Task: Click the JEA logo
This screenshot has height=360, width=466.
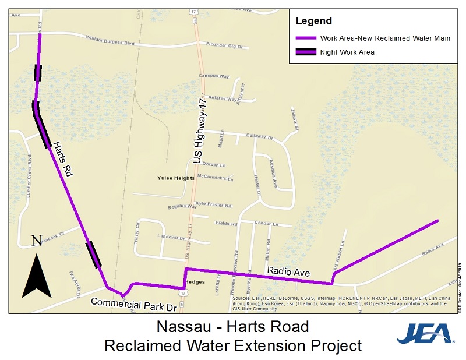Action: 425,334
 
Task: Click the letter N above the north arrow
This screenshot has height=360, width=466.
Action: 37,240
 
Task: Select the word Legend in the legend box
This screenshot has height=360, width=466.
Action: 313,21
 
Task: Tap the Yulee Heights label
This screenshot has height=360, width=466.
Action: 175,178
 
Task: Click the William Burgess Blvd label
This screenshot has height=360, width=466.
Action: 110,41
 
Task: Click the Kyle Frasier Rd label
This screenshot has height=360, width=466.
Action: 213,205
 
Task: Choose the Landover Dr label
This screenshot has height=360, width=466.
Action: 170,237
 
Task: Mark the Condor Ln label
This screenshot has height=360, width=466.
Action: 267,223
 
